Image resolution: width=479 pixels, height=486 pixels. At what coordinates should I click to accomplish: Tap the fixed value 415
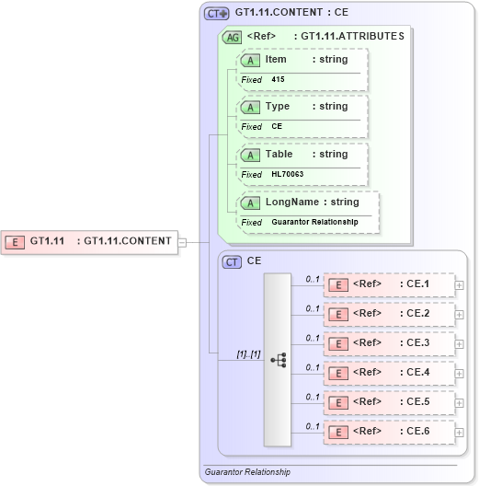click(x=279, y=79)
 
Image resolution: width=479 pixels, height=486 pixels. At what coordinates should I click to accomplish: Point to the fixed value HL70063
click(x=288, y=174)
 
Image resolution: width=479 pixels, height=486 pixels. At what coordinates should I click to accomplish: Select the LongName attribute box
click(x=307, y=202)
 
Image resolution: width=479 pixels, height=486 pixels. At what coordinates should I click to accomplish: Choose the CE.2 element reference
click(x=390, y=314)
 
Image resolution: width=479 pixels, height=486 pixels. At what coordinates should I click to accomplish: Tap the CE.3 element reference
click(x=390, y=342)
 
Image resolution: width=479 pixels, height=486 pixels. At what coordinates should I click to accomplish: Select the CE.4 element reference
click(x=390, y=372)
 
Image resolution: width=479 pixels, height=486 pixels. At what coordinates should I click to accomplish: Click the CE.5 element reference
click(x=390, y=401)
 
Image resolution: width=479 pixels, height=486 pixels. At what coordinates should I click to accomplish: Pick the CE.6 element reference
click(x=390, y=430)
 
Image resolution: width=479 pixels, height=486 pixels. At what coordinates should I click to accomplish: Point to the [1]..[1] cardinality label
click(x=224, y=353)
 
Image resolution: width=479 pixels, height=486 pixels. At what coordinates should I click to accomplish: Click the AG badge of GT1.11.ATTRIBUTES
click(x=233, y=37)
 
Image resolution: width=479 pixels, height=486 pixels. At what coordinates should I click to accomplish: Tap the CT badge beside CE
click(x=233, y=261)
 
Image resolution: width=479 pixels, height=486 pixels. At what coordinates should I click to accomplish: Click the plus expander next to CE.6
click(x=460, y=431)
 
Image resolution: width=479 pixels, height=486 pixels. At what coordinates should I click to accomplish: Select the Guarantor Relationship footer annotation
click(x=247, y=471)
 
